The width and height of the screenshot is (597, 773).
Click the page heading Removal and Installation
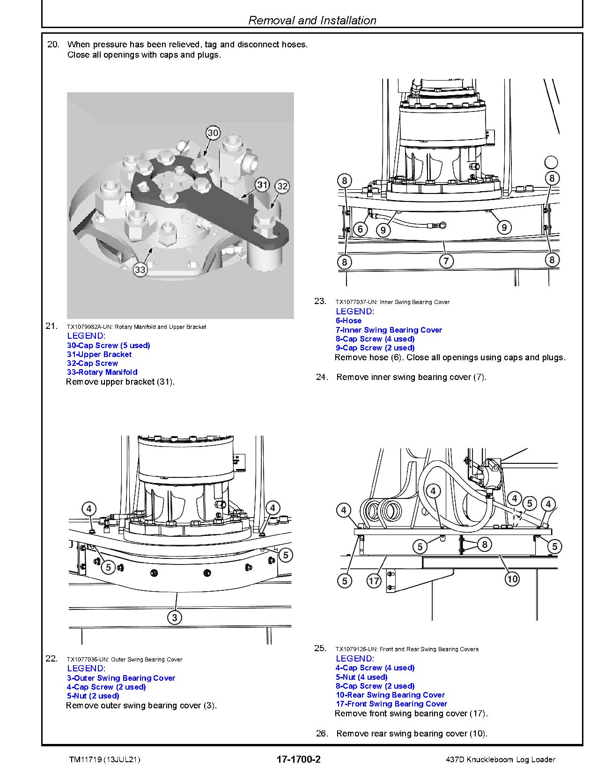tap(312, 20)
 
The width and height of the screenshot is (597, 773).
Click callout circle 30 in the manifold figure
tap(213, 133)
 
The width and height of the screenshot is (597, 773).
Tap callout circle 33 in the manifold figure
tap(140, 269)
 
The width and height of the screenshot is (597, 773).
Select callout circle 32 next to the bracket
tap(282, 186)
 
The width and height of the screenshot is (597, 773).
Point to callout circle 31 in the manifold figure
tap(262, 185)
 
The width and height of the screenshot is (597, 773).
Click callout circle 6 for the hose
tap(360, 229)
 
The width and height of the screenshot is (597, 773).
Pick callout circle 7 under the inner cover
tap(446, 261)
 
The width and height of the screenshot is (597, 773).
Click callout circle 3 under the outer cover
tap(175, 617)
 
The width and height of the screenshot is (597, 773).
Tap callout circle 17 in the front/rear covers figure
tap(374, 581)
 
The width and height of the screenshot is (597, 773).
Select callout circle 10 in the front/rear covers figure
tap(512, 579)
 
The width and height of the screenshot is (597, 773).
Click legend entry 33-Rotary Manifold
tap(102, 372)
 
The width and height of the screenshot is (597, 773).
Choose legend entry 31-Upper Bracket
tap(99, 354)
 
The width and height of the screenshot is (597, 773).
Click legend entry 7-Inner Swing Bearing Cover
tap(389, 330)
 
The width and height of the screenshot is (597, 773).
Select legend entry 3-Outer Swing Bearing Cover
tap(121, 678)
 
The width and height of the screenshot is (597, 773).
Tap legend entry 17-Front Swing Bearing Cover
tap(391, 704)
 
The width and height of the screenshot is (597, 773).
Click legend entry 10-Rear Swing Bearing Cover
tap(390, 695)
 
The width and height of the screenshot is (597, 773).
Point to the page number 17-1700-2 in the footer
tap(299, 759)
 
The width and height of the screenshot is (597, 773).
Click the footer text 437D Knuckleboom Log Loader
tap(501, 759)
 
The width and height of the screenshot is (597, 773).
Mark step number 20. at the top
tap(53, 45)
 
